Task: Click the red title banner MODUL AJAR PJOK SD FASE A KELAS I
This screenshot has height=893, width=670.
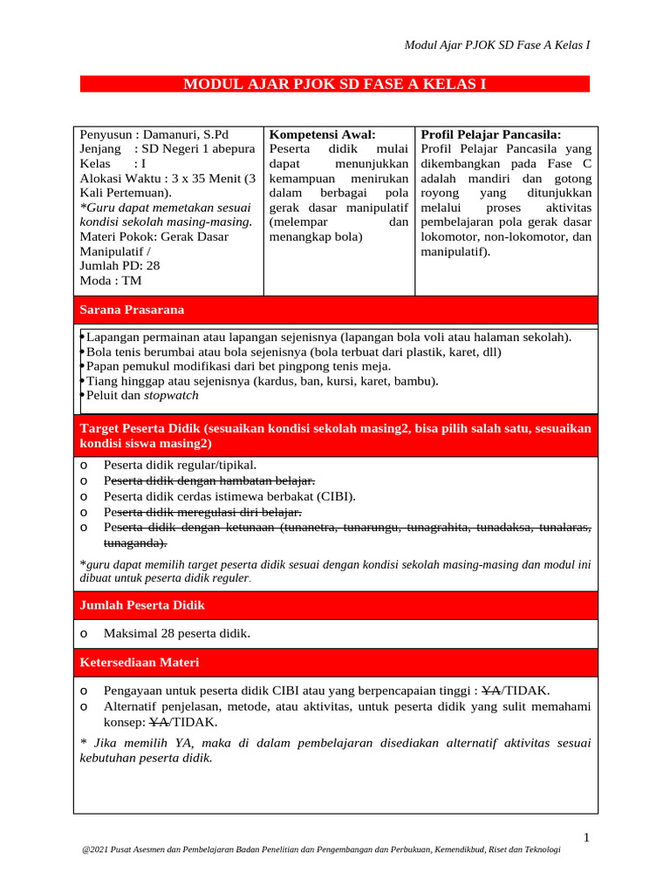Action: tap(334, 85)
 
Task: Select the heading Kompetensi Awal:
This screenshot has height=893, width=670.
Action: tap(322, 134)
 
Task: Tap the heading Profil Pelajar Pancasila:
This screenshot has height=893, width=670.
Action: tap(491, 134)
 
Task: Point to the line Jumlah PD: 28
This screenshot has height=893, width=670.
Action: tap(120, 266)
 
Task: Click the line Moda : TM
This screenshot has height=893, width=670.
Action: tap(111, 281)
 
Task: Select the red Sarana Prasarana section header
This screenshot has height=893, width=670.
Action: tap(132, 310)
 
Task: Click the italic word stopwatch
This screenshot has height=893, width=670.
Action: tap(171, 395)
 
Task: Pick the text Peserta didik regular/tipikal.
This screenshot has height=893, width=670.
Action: tap(180, 466)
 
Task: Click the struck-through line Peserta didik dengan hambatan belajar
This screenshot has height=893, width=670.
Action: tap(209, 481)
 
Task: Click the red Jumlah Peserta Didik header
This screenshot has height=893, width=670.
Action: tap(142, 604)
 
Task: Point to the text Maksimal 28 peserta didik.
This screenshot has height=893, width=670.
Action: tap(176, 634)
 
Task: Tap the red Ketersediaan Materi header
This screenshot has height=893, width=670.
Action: tap(140, 663)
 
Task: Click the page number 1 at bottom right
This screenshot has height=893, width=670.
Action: tap(587, 838)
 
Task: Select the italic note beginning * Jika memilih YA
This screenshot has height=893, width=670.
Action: tap(334, 750)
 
